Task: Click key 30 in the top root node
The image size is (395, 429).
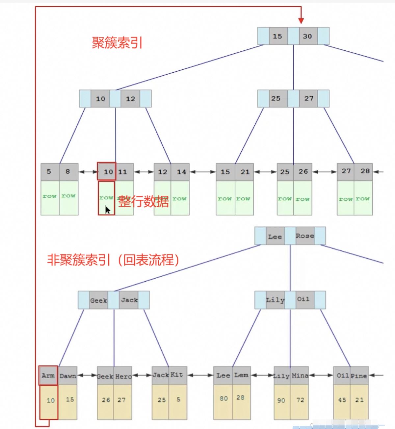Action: tap(308, 36)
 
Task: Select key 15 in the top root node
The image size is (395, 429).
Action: tap(277, 36)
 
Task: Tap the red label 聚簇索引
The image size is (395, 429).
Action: tap(117, 43)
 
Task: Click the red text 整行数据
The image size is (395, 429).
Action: tap(144, 201)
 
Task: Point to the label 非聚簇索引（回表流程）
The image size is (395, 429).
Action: tap(114, 260)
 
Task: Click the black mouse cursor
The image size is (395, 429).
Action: tap(108, 210)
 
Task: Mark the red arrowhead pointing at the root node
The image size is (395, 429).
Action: tap(301, 20)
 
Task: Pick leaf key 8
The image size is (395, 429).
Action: tap(68, 171)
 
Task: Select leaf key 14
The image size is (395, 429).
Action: tap(181, 172)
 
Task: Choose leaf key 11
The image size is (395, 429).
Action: tap(123, 172)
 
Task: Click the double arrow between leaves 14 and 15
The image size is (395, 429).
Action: tap(202, 172)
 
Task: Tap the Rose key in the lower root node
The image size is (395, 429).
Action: tap(305, 236)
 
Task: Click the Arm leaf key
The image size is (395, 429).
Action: tap(48, 375)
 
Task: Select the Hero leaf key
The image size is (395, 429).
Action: tap(123, 376)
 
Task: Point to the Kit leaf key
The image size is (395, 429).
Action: tap(177, 375)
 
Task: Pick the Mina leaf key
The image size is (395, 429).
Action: tap(300, 375)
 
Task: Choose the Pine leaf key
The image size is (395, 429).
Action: tap(358, 376)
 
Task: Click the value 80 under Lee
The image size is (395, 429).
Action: tap(224, 398)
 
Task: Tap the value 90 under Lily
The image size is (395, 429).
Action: tap(281, 400)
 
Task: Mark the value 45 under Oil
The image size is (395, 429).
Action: tap(342, 400)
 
